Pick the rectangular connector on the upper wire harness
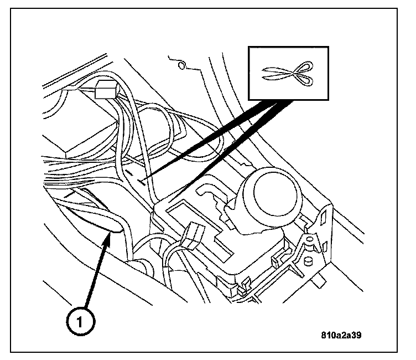(105, 89)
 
